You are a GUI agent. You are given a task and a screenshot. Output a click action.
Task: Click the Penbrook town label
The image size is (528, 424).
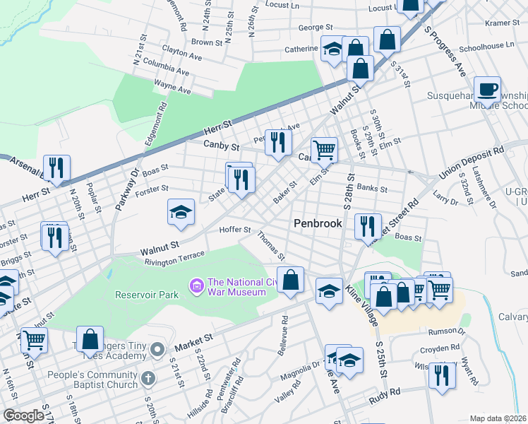coord(318,223)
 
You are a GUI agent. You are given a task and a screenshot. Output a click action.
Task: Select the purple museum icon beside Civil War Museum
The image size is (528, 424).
coord(196,285)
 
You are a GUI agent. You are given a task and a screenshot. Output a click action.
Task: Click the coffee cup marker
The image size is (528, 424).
coord(487,90)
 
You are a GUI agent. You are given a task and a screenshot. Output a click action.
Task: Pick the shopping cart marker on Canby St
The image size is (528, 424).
coord(323,149)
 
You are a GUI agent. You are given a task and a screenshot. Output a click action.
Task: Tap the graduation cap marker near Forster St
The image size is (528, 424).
coord(181,213)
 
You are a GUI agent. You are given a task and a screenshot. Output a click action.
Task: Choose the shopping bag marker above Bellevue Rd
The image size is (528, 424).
coord(290,281)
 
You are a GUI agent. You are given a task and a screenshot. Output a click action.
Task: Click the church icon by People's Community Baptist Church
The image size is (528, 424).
coord(148,378)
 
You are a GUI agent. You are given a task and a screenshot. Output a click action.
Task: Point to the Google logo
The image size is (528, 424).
coord(23,416)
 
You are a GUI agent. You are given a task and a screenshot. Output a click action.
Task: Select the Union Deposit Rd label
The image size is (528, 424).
coord(471,162)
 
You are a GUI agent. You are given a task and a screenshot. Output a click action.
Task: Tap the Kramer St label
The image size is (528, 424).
coord(502,23)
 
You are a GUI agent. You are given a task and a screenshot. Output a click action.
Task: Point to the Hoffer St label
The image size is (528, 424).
coord(236,230)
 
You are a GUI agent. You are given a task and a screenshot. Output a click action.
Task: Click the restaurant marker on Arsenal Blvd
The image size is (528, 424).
coord(56,168)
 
